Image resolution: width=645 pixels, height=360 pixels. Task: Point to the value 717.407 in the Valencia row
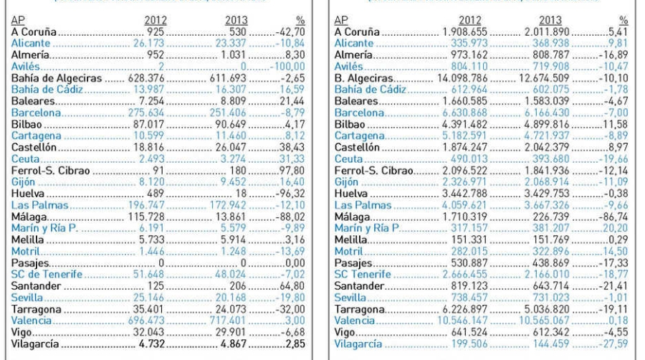pyautogui.click(x=238, y=320)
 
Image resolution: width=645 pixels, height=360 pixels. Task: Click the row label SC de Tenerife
pyautogui.click(x=44, y=274)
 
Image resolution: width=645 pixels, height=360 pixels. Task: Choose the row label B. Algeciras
pyautogui.click(x=365, y=78)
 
